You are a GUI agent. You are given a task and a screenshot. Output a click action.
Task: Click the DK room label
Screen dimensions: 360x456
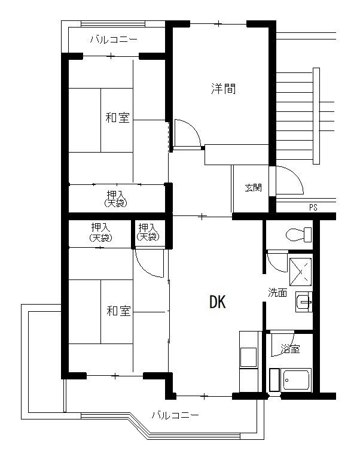[x=217, y=302]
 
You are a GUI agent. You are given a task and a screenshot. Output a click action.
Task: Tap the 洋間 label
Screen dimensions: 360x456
[x=223, y=89]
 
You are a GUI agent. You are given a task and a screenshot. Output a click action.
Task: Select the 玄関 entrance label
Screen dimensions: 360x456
[x=253, y=187]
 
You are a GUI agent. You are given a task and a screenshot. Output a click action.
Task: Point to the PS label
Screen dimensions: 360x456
[x=313, y=207]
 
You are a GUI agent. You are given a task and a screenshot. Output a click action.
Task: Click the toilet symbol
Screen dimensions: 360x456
[x=298, y=235]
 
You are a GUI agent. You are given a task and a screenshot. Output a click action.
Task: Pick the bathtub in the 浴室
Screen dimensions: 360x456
[x=297, y=379]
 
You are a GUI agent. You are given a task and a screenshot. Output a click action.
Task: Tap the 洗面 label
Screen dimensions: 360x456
[x=277, y=293]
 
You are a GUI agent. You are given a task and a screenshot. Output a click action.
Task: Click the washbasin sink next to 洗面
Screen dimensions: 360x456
[x=304, y=302]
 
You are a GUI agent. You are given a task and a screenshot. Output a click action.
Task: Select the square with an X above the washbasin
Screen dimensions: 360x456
[x=300, y=272]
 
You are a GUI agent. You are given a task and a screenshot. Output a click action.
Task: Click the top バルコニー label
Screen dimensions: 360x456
[x=114, y=39]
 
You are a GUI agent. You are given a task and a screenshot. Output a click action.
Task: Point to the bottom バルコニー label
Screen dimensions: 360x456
[x=175, y=415]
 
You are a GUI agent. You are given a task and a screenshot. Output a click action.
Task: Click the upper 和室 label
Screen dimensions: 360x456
[x=117, y=117]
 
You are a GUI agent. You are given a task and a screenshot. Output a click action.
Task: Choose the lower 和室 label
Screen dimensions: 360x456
[x=118, y=311]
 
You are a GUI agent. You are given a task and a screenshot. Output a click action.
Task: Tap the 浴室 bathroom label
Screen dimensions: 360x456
[x=290, y=349]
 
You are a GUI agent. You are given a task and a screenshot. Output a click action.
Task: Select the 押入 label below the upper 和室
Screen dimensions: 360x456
[x=115, y=199]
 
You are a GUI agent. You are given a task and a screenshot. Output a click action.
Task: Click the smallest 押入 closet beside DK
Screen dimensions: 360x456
[x=148, y=232]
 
